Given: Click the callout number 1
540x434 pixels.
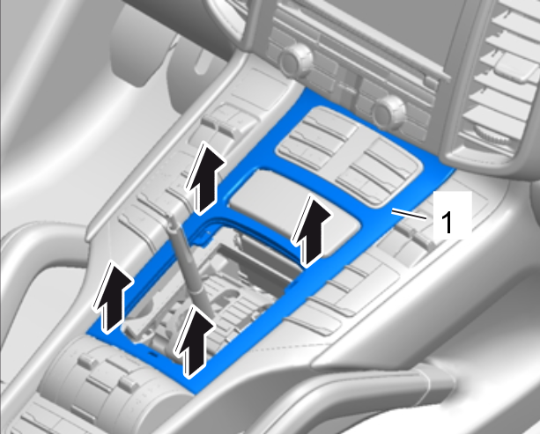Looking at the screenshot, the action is tap(447, 223).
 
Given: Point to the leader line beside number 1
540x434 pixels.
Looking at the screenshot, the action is tap(409, 214).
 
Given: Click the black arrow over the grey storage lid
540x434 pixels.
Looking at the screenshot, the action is tap(311, 232).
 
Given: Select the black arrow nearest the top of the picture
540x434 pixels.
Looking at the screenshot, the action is tap(205, 178).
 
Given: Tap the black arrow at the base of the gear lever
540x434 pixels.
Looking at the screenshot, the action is tap(195, 342).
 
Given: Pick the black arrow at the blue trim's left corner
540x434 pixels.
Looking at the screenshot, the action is tap(112, 297).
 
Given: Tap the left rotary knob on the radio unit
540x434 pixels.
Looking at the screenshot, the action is tap(297, 57).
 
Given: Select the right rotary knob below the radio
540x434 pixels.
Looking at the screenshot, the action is tap(389, 111).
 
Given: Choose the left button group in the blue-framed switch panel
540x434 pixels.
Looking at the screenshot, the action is tap(317, 137).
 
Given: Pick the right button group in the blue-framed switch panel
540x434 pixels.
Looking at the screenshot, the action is tap(377, 171).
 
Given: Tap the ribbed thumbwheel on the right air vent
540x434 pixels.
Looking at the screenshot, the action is tap(493, 135).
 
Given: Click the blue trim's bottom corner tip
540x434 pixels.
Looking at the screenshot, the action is tap(196, 394).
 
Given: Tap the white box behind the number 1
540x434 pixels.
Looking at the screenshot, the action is tap(452, 215).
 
